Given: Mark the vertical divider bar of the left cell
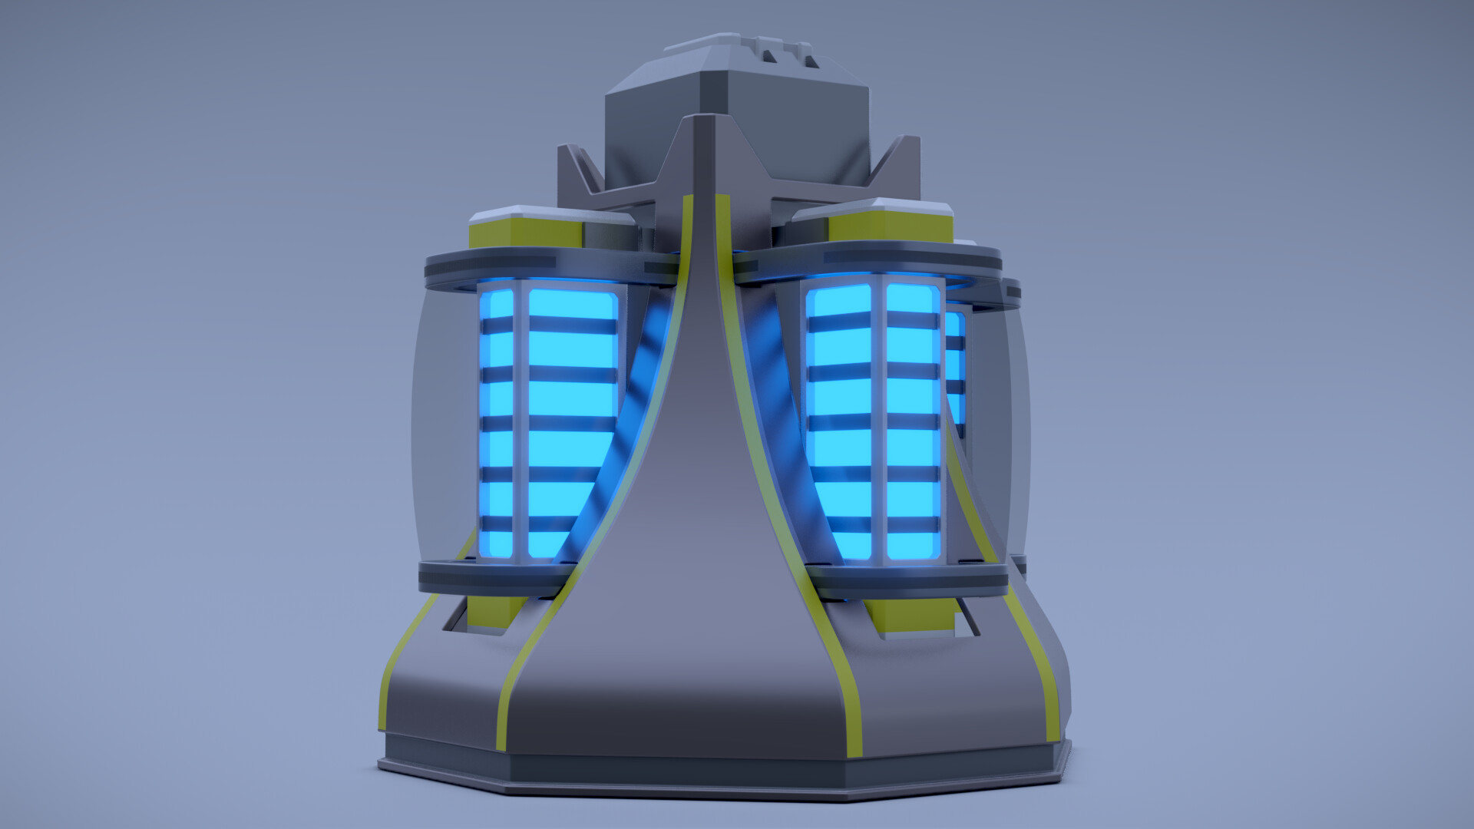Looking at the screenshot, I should [x=521, y=422].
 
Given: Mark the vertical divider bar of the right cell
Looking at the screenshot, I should [x=878, y=422].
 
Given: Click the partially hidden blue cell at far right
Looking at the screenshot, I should [x=956, y=368].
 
